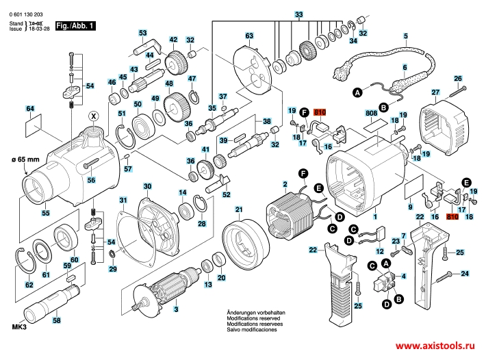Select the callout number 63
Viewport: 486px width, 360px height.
249,36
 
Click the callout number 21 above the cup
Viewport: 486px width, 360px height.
239,209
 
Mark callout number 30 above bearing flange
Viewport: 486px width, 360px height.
147,186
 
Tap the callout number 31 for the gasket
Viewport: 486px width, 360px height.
123,200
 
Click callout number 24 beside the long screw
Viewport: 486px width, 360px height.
465,274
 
